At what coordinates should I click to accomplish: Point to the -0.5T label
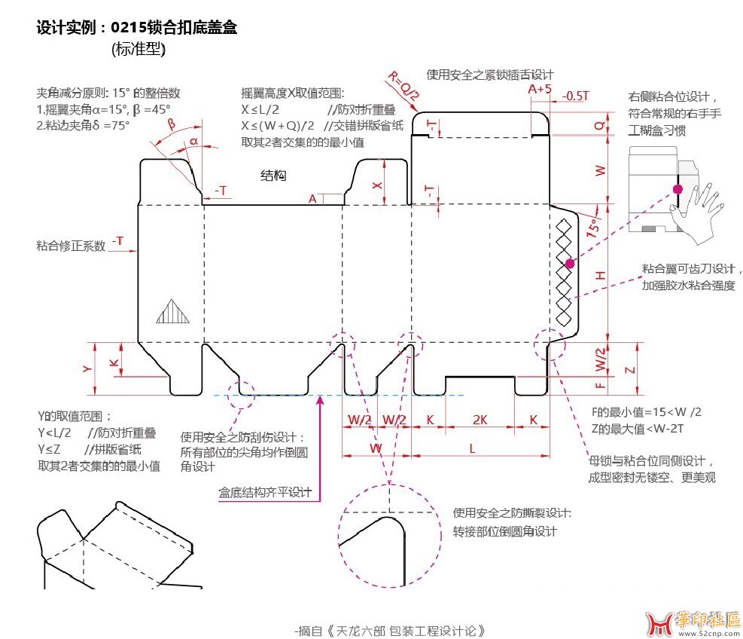(577, 96)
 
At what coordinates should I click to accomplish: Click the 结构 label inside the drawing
(273, 176)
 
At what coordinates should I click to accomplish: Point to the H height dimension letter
(600, 277)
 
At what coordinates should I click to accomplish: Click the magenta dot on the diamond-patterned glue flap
(570, 263)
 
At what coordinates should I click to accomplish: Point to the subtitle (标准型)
(138, 50)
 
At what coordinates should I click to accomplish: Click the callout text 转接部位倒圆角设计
(504, 531)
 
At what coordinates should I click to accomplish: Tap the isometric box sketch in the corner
(113, 544)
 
